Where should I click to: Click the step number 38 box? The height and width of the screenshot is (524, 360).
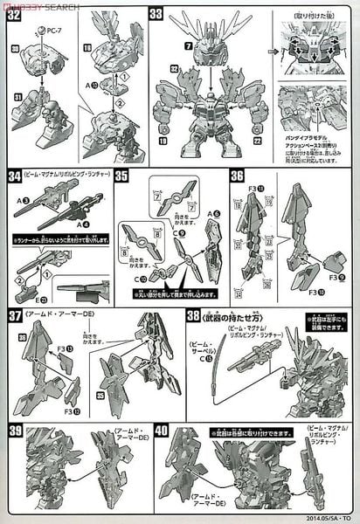[193, 315]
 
